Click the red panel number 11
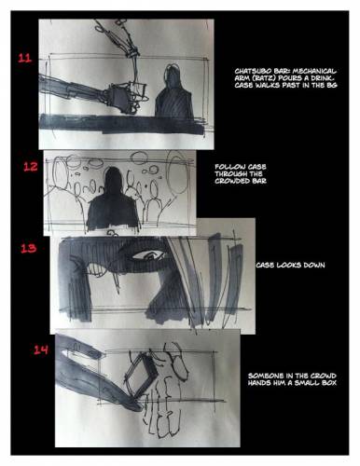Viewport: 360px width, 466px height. pos(24,59)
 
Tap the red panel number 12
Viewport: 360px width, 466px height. pos(31,167)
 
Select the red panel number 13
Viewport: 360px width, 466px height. pos(29,248)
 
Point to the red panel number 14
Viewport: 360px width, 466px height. pos(41,350)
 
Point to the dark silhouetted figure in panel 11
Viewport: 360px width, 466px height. pos(174,92)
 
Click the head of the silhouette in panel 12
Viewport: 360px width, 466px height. pos(113,180)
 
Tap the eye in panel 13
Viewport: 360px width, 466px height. pos(150,255)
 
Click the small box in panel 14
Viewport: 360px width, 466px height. pos(140,375)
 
